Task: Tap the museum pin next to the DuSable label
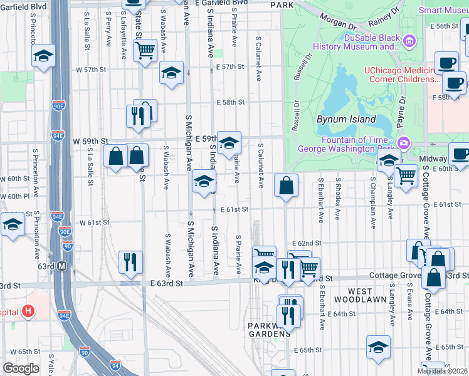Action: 410,42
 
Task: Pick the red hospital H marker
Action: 28,311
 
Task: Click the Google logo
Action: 21,368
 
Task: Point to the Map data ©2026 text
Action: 443,372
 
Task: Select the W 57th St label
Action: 87,70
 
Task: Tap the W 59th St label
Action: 90,142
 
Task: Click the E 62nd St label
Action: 307,243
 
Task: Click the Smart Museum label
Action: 443,10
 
